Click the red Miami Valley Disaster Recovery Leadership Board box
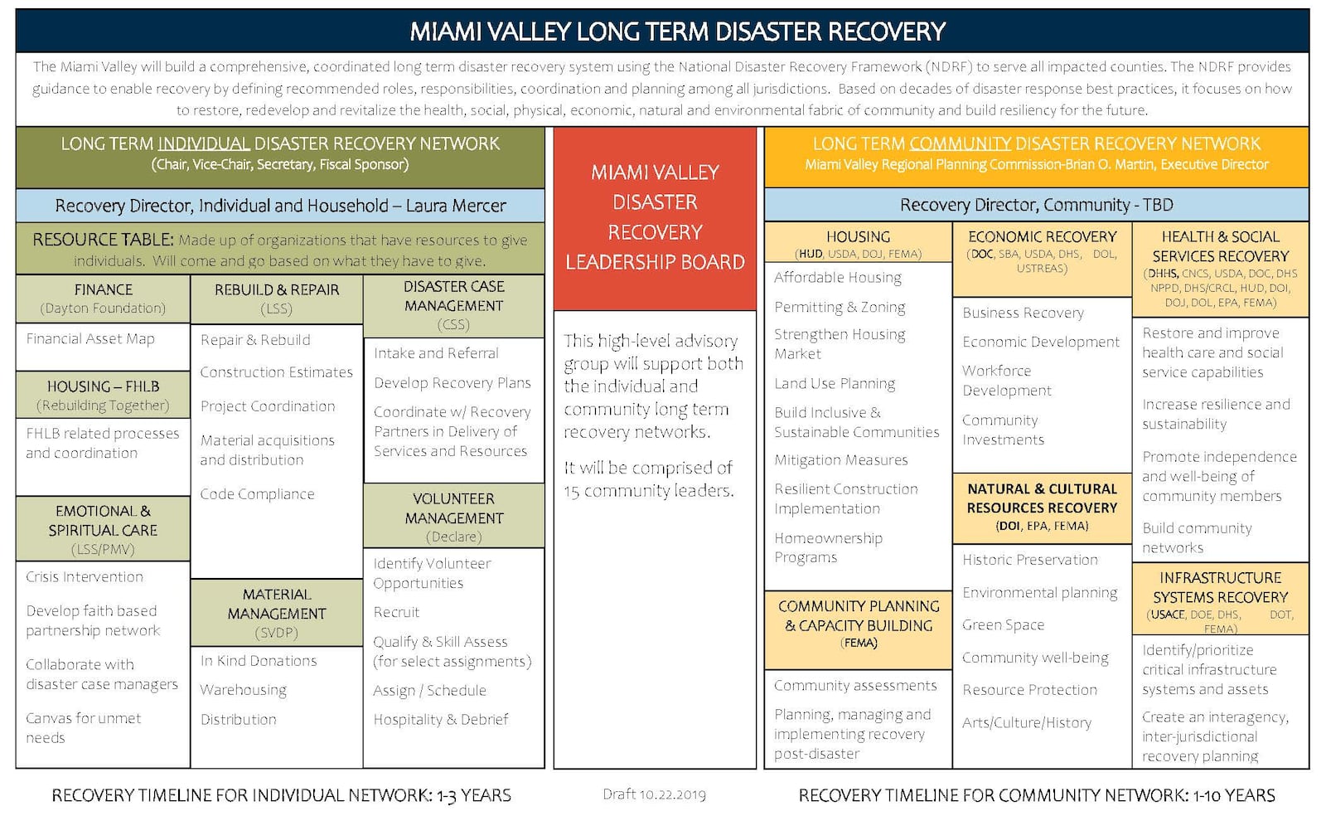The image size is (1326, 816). [655, 218]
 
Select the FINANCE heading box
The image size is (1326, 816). [103, 298]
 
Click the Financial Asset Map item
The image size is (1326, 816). [90, 338]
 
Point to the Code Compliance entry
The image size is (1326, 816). [257, 493]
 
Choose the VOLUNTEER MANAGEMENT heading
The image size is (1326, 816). [453, 508]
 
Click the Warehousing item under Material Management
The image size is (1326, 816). [243, 690]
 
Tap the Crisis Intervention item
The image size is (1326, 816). [85, 576]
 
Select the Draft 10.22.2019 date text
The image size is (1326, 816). [654, 794]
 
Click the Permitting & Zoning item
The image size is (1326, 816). [840, 307]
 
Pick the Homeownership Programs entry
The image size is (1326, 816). [828, 547]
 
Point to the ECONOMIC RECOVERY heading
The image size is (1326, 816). [1042, 237]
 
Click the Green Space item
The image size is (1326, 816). [1003, 624]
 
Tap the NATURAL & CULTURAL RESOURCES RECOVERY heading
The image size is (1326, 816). [1042, 498]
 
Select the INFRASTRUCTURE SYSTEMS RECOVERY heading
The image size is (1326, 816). [1220, 587]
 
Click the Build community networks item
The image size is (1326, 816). [1197, 537]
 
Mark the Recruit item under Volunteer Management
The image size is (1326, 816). [396, 612]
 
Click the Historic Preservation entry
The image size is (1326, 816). [1029, 560]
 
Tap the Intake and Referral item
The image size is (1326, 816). [436, 353]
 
